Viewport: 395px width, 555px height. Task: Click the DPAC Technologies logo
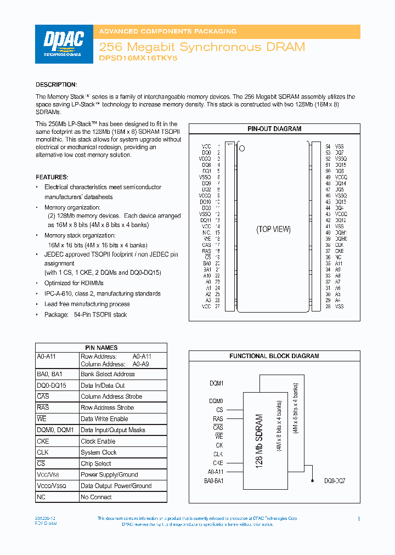pyautogui.click(x=63, y=44)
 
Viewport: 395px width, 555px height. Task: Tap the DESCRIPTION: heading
pyautogui.click(x=56, y=84)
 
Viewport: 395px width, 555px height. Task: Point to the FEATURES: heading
pyautogui.click(x=52, y=177)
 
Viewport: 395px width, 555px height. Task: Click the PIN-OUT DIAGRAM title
pyautogui.click(x=274, y=129)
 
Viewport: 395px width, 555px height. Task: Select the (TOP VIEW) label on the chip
pyautogui.click(x=273, y=229)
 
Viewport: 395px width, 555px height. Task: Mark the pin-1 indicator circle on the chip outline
pyautogui.click(x=242, y=148)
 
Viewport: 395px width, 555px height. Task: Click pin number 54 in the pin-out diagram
pyautogui.click(x=328, y=147)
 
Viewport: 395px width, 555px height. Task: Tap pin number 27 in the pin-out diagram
pyautogui.click(x=218, y=307)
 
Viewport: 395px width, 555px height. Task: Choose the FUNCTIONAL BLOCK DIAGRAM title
pyautogui.click(x=274, y=356)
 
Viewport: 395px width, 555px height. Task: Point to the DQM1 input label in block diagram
pyautogui.click(x=216, y=383)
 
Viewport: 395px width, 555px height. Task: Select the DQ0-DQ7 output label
pyautogui.click(x=334, y=480)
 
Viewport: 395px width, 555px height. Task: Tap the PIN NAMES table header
pyautogui.click(x=101, y=348)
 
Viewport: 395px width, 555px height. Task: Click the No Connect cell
pyautogui.click(x=96, y=497)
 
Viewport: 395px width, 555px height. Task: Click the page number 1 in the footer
pyautogui.click(x=358, y=519)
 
